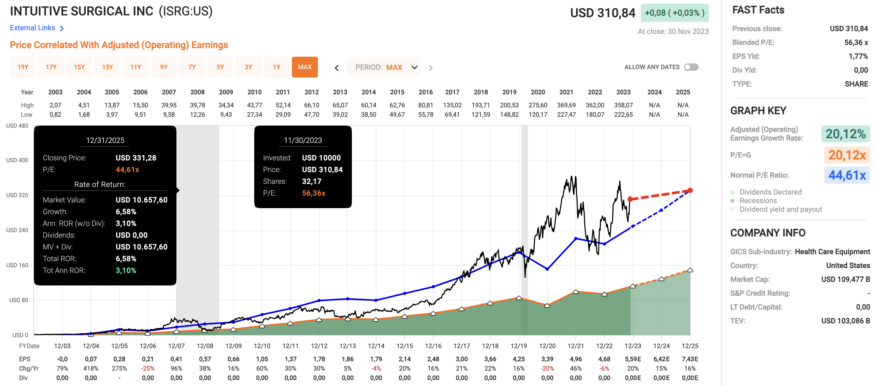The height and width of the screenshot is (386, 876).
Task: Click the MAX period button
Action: tap(304, 67)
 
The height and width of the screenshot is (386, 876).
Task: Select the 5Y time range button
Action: tap(220, 67)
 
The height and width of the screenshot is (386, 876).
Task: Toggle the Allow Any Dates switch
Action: tap(691, 67)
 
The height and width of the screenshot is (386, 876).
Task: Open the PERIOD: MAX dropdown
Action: tap(384, 67)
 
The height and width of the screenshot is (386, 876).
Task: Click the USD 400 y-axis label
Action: tap(17, 160)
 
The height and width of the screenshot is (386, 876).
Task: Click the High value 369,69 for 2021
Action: tap(566, 105)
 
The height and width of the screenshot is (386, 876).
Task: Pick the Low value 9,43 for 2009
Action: tap(226, 115)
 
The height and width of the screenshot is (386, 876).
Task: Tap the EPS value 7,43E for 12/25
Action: tap(690, 359)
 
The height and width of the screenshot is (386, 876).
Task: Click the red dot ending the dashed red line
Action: tap(690, 190)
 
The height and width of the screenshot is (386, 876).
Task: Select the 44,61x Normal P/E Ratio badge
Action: tap(847, 175)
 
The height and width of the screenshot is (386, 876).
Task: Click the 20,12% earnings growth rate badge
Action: tap(845, 134)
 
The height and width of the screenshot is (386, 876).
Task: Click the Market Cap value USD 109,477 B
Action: tap(845, 279)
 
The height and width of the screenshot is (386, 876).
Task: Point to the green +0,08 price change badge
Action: tap(674, 13)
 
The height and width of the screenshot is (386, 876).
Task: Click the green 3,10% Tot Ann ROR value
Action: tap(126, 270)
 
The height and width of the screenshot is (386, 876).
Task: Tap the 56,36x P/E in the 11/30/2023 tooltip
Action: tap(313, 193)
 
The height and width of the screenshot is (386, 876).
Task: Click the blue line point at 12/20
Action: tap(547, 269)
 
